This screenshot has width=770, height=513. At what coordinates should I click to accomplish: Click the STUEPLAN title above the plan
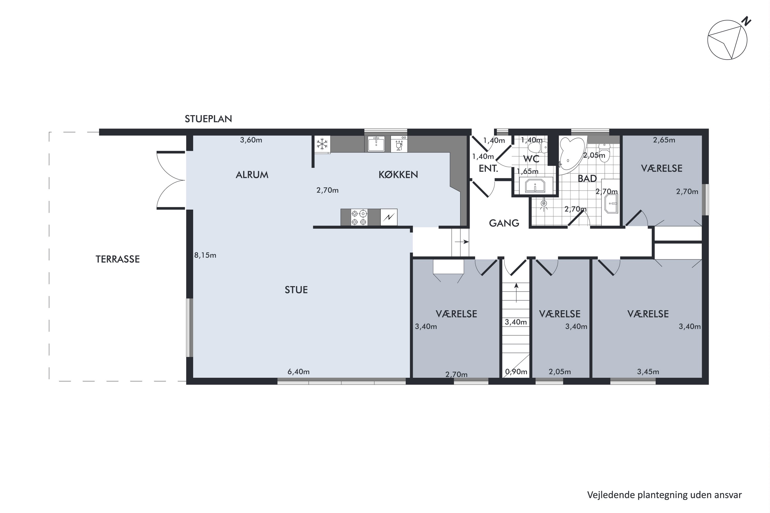click(208, 119)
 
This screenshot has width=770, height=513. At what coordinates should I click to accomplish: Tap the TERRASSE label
click(118, 259)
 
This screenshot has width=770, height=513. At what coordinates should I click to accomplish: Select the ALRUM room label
click(252, 175)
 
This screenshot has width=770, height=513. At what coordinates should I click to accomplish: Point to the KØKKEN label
click(398, 175)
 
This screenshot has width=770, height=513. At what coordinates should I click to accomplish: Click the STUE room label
click(296, 290)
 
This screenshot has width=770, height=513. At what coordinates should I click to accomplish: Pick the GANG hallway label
click(504, 223)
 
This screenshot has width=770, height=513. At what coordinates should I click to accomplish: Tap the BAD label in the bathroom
click(587, 179)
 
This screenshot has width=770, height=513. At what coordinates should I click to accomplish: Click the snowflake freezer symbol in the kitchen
click(322, 144)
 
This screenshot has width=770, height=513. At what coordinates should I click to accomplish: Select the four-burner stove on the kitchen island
click(359, 218)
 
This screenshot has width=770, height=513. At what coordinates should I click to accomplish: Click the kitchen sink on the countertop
click(376, 144)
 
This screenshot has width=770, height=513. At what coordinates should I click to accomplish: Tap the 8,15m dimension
click(205, 255)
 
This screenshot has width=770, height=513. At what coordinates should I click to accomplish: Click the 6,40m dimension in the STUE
click(299, 372)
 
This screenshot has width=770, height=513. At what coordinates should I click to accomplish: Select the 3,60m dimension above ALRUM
click(251, 140)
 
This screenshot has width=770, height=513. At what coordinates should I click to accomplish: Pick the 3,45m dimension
click(648, 372)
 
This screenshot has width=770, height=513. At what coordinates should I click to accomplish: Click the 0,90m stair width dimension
click(516, 372)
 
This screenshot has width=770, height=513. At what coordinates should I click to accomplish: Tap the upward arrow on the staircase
click(516, 292)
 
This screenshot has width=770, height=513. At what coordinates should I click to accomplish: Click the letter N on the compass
click(746, 21)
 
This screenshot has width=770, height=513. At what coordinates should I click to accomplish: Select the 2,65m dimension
click(664, 140)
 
